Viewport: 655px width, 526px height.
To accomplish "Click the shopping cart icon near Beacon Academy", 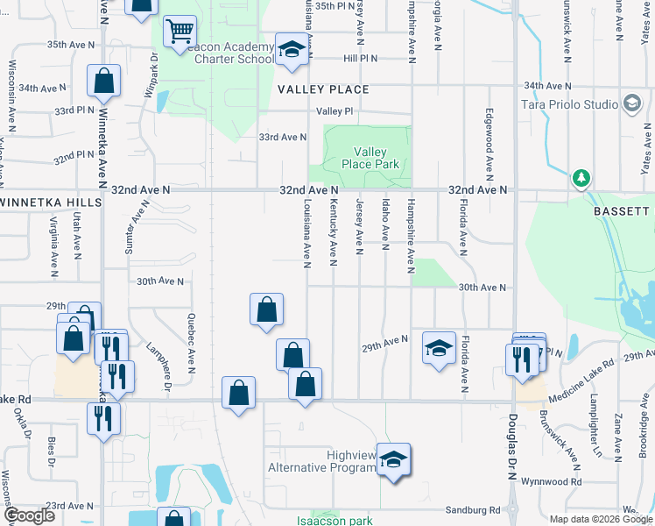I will coord(179,32).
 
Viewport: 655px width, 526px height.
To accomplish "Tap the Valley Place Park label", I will coord(370,159).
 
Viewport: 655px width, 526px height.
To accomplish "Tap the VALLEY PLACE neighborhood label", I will coord(323,89).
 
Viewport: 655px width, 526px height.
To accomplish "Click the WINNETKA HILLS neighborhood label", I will coord(51,202).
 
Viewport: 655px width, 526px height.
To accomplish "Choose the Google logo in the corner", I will coord(28,515).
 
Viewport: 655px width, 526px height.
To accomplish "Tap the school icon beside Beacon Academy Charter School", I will coord(292,49).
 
